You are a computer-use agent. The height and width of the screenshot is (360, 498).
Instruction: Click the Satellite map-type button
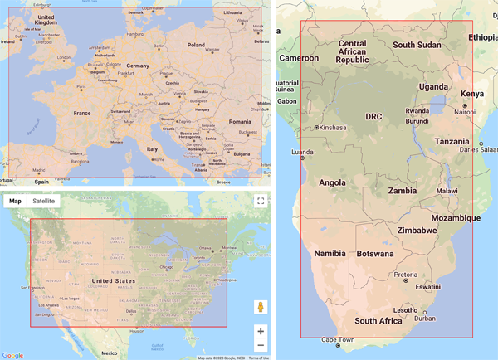coord(43,201)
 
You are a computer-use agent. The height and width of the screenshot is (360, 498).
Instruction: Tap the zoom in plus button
coord(261,331)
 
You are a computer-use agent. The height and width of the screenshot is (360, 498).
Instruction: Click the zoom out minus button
coord(261,345)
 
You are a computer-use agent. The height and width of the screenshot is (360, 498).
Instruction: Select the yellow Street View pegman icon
coord(261,308)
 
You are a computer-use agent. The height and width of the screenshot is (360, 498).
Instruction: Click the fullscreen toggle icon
coord(261,201)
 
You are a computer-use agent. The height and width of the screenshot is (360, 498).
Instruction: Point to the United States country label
coord(113,281)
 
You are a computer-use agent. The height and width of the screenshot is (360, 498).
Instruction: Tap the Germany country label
coord(137,66)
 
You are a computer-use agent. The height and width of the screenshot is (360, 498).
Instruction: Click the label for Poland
coord(196,46)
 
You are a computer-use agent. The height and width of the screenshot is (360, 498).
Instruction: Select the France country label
coord(81,113)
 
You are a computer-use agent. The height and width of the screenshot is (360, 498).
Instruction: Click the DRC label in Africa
coord(374,116)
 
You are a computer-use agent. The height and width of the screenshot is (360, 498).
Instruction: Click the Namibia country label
coord(333,253)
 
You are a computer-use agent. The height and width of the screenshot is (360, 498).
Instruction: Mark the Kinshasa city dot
coord(317,128)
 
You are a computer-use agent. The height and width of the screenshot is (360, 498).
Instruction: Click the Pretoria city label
coord(406,274)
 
